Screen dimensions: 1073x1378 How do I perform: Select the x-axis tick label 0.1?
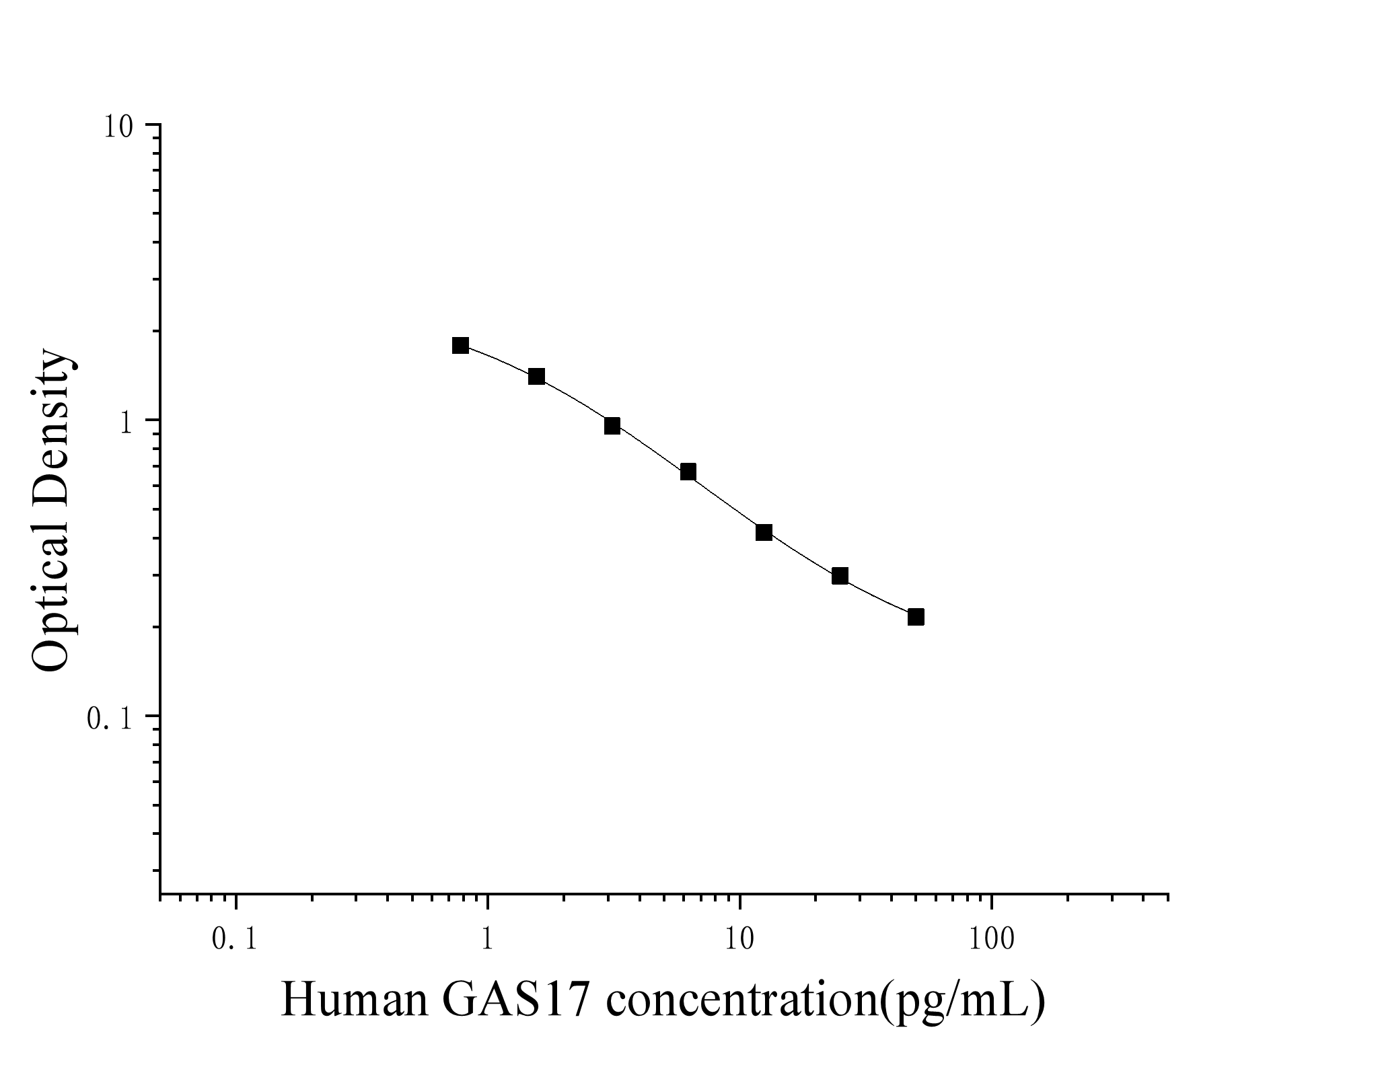tap(234, 940)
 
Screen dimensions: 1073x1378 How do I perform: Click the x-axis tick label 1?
tap(487, 940)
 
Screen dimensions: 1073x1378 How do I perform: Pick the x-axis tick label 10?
tap(739, 940)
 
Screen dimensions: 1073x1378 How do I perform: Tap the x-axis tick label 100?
tap(992, 940)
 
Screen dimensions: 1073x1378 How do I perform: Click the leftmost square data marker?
tap(460, 346)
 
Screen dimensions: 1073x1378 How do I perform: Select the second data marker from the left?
tap(536, 376)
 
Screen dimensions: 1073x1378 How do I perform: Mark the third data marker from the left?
tap(612, 426)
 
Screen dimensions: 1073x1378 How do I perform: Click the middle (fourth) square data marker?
tap(688, 472)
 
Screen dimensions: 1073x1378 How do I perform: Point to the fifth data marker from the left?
tap(764, 533)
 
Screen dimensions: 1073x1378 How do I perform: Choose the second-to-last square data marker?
tap(840, 576)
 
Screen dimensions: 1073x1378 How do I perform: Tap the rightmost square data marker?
tap(916, 617)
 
